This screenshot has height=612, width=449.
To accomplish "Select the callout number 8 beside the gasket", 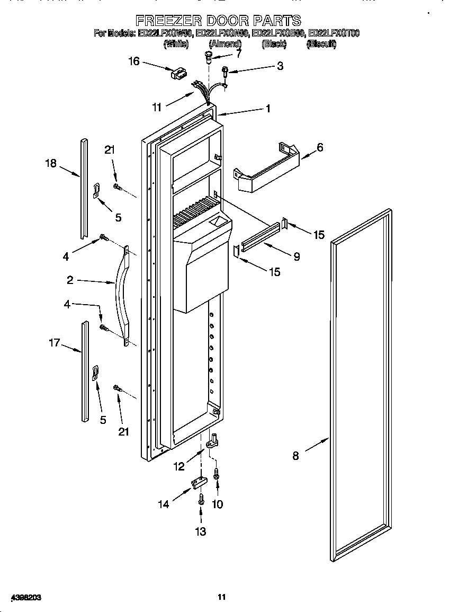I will tap(295, 455).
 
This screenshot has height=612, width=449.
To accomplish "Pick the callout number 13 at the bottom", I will tap(201, 531).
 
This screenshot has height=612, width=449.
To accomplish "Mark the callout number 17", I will tap(55, 343).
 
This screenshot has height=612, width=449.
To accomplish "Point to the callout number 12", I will tap(179, 466).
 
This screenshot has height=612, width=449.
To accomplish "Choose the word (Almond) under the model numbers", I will tap(225, 45).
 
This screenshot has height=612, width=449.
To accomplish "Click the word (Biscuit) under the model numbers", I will tap(321, 45).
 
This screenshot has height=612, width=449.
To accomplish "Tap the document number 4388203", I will tap(22, 598).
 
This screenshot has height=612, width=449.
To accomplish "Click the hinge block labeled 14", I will tap(198, 483).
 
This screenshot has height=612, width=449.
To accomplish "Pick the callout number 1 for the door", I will tap(268, 109).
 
